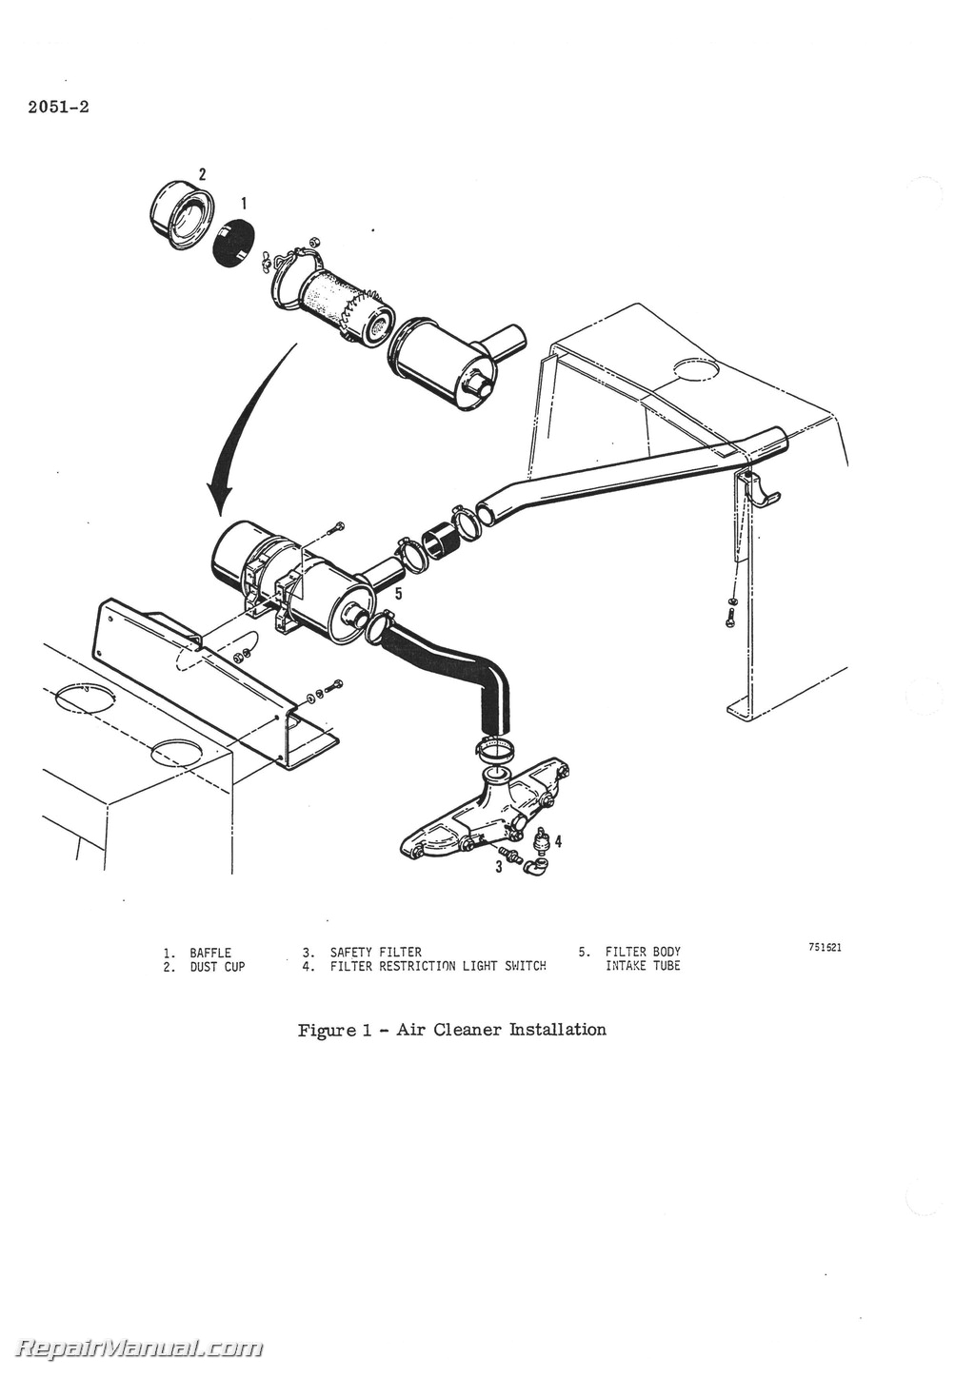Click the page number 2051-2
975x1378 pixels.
pyautogui.click(x=52, y=107)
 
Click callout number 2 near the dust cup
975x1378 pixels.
pyautogui.click(x=202, y=173)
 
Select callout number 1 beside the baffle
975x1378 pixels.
pyautogui.click(x=244, y=203)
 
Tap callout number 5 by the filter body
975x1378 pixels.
pyautogui.click(x=398, y=593)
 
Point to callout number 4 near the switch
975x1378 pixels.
pyautogui.click(x=558, y=841)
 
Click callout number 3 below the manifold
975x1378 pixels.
pyautogui.click(x=498, y=867)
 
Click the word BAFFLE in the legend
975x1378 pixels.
pyautogui.click(x=210, y=953)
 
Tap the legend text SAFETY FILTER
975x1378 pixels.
pyautogui.click(x=375, y=953)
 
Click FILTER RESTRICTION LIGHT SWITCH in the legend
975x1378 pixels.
pyautogui.click(x=438, y=967)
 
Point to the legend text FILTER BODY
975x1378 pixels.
pyautogui.click(x=643, y=953)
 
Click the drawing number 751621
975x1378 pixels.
pyautogui.click(x=825, y=948)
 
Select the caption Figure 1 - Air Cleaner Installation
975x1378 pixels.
pyautogui.click(x=452, y=1030)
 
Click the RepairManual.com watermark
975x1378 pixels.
pyautogui.click(x=141, y=1348)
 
